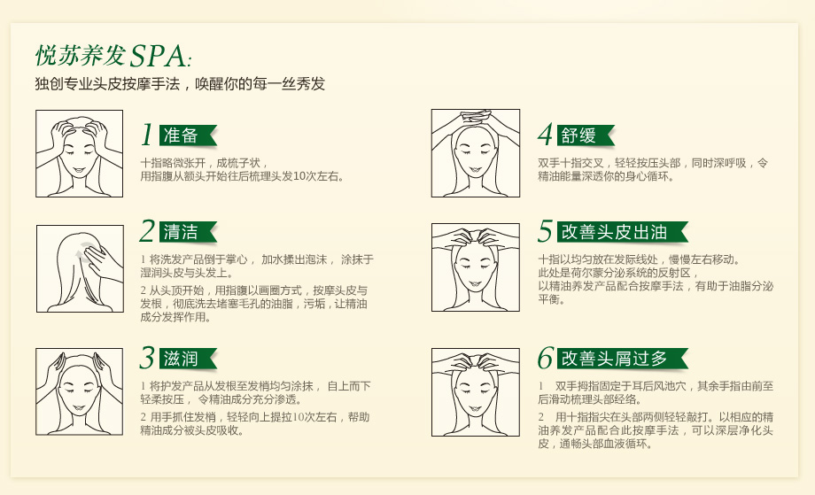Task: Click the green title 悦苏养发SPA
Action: (x=113, y=56)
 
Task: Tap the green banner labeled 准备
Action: (x=188, y=135)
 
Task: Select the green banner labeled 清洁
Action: (x=188, y=232)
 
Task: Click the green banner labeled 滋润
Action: (x=188, y=359)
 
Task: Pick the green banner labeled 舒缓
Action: (x=586, y=135)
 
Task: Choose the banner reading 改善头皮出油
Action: (x=622, y=232)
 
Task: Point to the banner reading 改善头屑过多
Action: (x=622, y=359)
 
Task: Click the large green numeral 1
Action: (x=148, y=135)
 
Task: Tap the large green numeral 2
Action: (x=148, y=231)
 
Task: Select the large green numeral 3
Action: (x=148, y=358)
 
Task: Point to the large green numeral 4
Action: (x=545, y=135)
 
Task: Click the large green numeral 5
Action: (x=545, y=231)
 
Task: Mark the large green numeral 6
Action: (x=545, y=358)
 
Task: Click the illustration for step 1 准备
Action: (x=80, y=153)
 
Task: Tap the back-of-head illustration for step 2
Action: (x=80, y=268)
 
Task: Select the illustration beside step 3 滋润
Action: (x=80, y=391)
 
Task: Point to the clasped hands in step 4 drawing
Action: (x=476, y=117)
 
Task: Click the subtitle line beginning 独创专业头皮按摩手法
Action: (x=180, y=83)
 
